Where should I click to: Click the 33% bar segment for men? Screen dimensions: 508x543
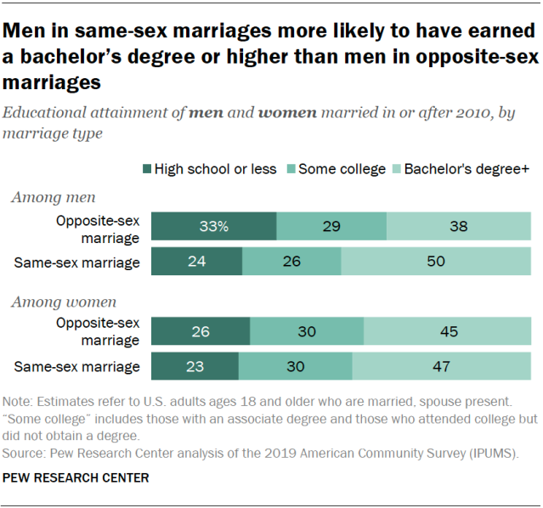pyautogui.click(x=213, y=227)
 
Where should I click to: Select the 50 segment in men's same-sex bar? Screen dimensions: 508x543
pyautogui.click(x=435, y=262)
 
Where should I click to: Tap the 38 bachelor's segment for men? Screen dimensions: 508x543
pyautogui.click(x=458, y=227)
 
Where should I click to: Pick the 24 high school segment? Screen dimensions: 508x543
pyautogui.click(x=196, y=262)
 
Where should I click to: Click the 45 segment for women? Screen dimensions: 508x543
pyautogui.click(x=447, y=331)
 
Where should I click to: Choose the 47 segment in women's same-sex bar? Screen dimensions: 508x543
pyautogui.click(x=441, y=366)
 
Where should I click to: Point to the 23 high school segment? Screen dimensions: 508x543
pyautogui.click(x=195, y=366)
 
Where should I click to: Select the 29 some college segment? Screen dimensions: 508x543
pyautogui.click(x=331, y=227)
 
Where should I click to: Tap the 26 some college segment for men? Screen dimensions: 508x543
pyautogui.click(x=291, y=262)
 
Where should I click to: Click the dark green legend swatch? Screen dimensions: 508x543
pyautogui.click(x=145, y=169)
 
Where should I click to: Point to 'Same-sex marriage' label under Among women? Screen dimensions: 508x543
pyautogui.click(x=77, y=367)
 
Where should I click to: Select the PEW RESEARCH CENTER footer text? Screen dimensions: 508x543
pyautogui.click(x=76, y=478)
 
